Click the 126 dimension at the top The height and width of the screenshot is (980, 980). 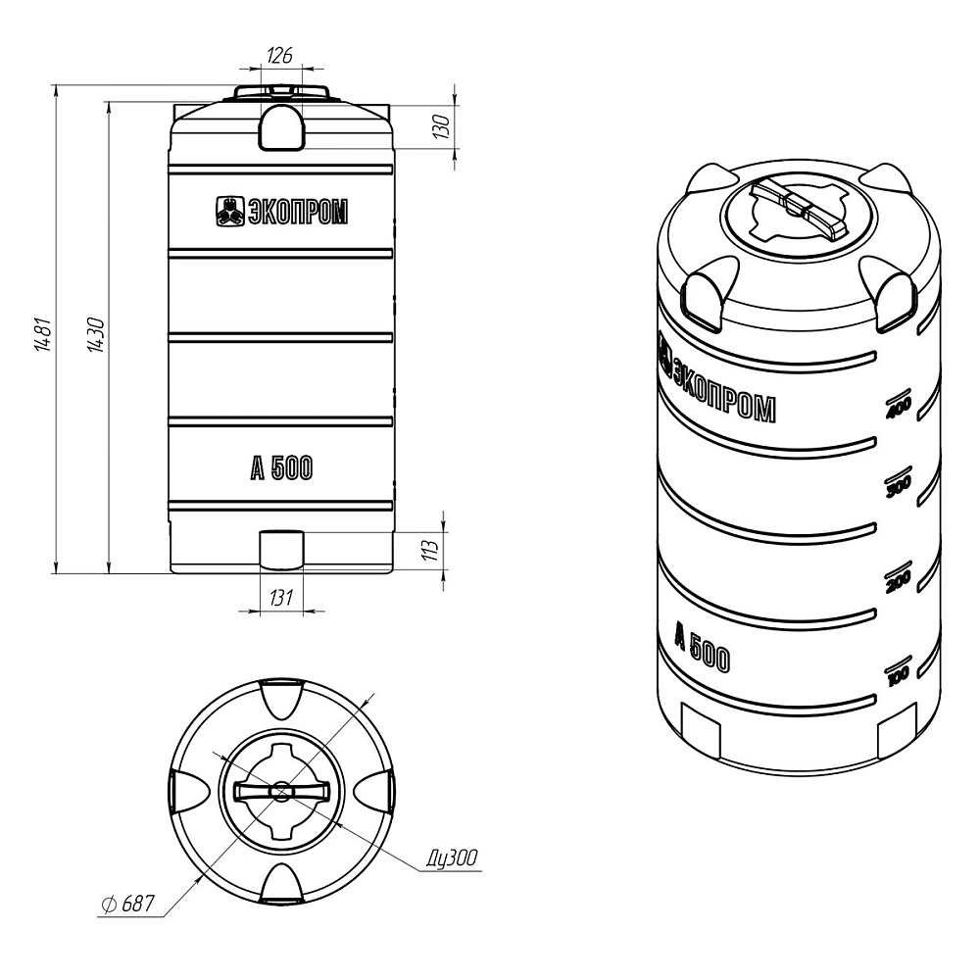pos(279,56)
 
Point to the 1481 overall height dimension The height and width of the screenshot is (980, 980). pos(43,334)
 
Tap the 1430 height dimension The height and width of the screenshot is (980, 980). pos(96,334)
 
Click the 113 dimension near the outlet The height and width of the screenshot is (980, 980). pos(430,550)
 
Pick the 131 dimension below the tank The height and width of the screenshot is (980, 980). pos(280,598)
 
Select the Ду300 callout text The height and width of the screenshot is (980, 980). pos(453,857)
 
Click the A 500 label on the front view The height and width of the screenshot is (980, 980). pos(281,468)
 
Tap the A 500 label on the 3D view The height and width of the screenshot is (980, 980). pos(702,649)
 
